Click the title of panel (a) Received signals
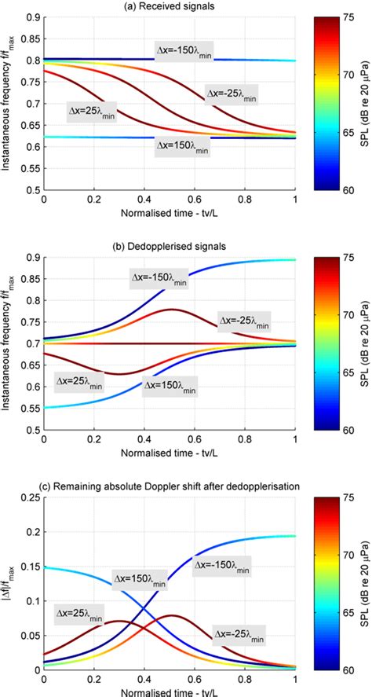click(x=169, y=7)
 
